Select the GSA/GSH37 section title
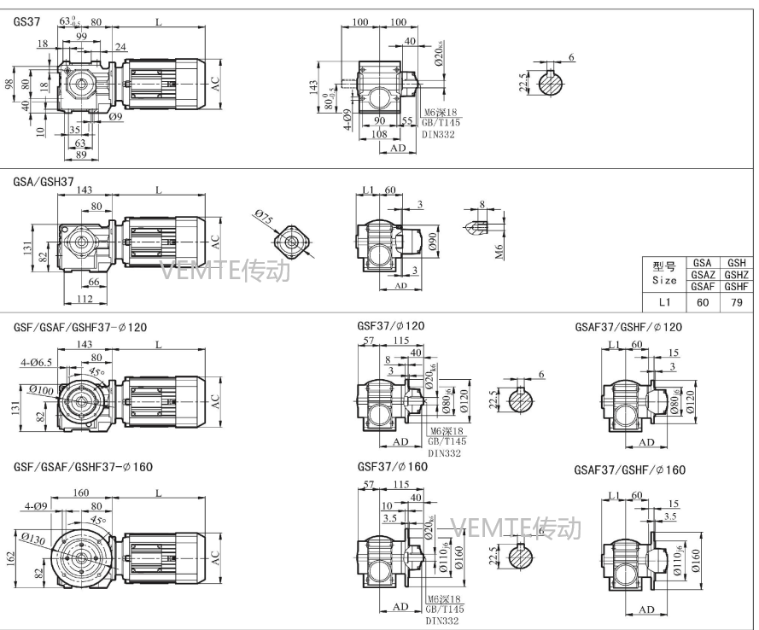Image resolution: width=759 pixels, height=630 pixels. pos(44,182)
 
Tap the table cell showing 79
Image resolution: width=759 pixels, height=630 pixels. pos(736,301)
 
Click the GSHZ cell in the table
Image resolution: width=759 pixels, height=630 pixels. pos(736,275)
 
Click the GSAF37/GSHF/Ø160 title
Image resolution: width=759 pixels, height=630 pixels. pos(629,470)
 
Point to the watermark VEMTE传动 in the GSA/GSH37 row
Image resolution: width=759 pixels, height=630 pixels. pos(226,271)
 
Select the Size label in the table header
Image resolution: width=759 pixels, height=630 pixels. pos(663,280)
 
